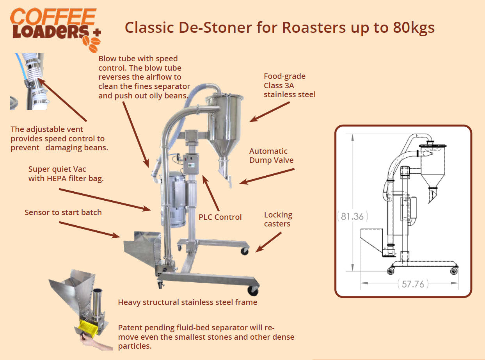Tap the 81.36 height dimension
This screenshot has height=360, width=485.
352,216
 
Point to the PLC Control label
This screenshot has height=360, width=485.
220,217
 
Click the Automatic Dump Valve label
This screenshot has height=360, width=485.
271,156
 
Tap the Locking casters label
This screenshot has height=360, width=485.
278,219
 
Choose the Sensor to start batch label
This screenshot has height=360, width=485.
63,212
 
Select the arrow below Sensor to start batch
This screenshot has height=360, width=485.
89,230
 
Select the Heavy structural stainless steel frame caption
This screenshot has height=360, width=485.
187,302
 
